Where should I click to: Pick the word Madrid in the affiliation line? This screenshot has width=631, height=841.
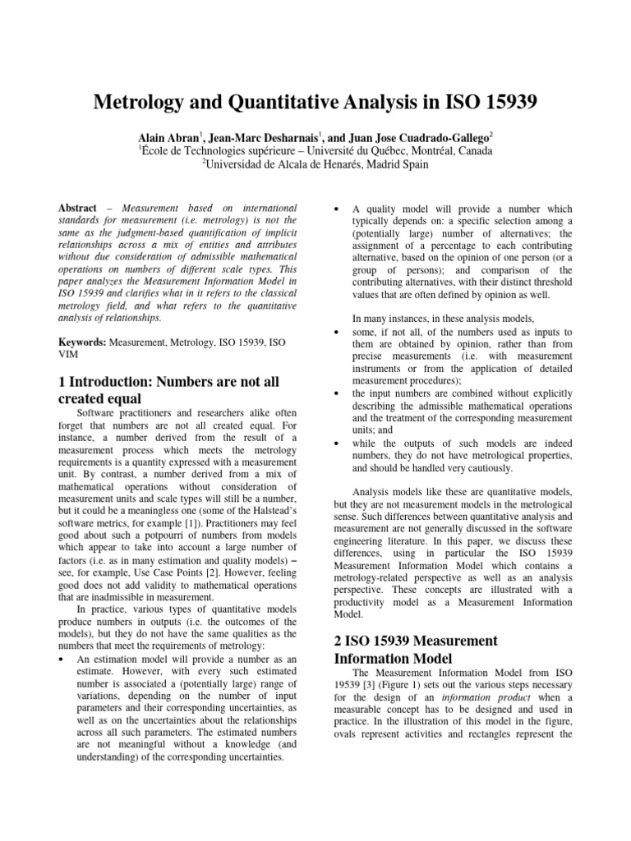tap(383, 165)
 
